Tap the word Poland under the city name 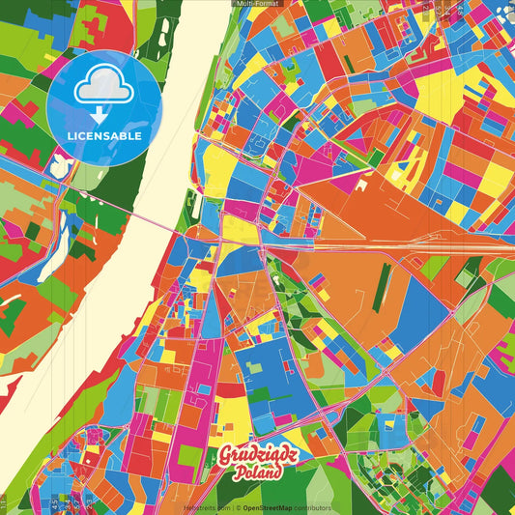(256, 473)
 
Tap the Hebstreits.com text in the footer (207, 507)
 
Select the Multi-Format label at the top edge (257, 4)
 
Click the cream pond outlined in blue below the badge (60, 167)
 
